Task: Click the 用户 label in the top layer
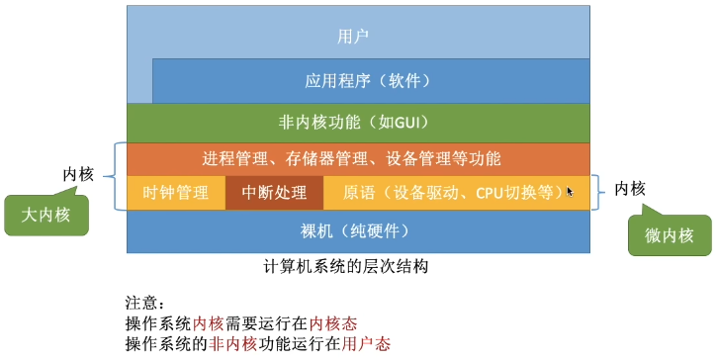coord(353,37)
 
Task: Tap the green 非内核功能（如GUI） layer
coord(358,124)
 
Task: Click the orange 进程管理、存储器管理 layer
coord(358,158)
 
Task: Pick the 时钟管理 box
coord(176,192)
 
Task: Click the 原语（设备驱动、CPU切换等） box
coord(450,192)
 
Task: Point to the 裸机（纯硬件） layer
coord(358,231)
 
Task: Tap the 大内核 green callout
coord(45,215)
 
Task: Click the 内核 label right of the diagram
coord(630,187)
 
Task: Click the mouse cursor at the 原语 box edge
coord(570,191)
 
